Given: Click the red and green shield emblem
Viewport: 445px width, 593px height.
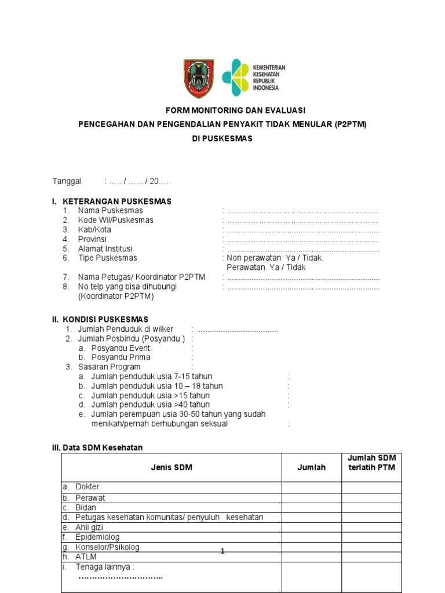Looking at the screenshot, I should (x=198, y=79).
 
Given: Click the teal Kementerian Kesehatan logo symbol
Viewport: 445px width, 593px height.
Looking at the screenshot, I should (x=235, y=78).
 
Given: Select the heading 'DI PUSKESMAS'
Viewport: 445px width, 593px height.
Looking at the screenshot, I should (x=222, y=139).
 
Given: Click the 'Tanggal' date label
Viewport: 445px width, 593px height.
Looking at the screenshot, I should (x=68, y=182).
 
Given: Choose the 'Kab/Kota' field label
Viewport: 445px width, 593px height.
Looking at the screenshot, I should (x=94, y=230).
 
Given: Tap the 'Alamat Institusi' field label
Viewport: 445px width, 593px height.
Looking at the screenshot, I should (x=105, y=248).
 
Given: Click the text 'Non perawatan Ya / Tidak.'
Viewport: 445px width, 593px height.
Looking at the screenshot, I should (x=275, y=258).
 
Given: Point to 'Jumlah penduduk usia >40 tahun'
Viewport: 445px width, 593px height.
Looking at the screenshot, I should (x=151, y=405).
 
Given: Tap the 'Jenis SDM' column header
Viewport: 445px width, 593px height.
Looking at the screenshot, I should (x=172, y=467).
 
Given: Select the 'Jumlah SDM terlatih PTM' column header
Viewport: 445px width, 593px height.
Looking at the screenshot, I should (x=371, y=463).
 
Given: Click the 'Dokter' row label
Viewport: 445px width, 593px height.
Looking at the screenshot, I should (x=87, y=487).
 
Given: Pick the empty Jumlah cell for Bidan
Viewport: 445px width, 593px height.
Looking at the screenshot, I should (x=311, y=508).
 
